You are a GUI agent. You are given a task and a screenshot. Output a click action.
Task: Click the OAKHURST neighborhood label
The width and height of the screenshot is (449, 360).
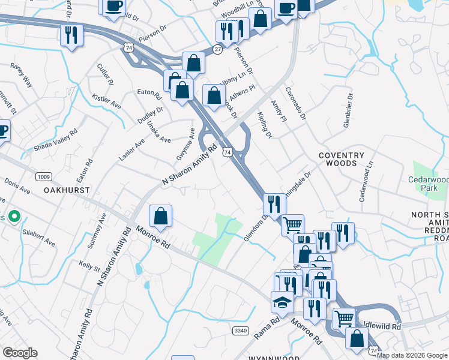click(x=66, y=190)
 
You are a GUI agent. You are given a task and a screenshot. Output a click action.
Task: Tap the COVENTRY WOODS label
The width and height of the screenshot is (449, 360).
click(x=342, y=159)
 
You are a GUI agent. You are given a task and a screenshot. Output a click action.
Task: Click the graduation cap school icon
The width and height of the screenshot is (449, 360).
click(x=281, y=302)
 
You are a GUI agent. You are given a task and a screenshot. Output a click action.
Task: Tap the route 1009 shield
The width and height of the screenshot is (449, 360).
click(x=43, y=176)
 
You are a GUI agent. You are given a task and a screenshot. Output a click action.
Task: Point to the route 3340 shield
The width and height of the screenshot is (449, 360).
click(x=240, y=331)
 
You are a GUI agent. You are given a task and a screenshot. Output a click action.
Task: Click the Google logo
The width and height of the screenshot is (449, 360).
click(x=20, y=353)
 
